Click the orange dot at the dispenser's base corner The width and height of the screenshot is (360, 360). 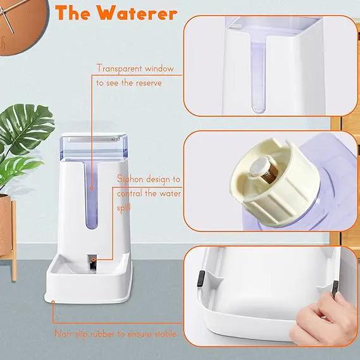[x=53, y=302]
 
